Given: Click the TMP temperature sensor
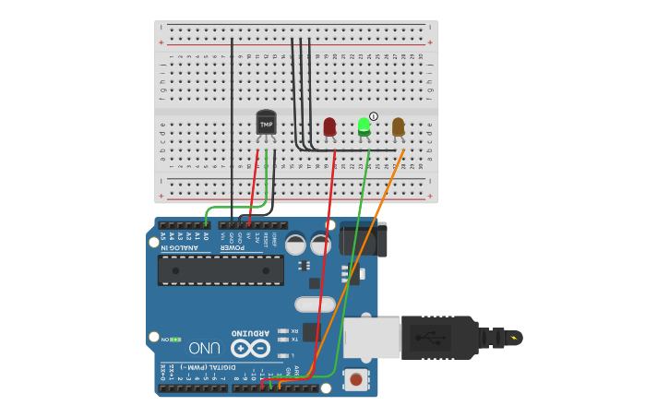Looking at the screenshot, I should (x=266, y=123).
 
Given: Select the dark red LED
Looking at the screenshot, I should (x=329, y=126).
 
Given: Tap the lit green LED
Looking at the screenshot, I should (x=364, y=127).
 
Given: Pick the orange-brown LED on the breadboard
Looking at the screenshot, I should (x=398, y=126).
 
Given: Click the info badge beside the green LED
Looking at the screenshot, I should (x=374, y=116).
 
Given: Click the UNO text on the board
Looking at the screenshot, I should (x=205, y=348).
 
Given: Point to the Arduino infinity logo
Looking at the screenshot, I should (x=250, y=348).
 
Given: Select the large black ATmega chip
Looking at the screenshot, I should (x=221, y=269).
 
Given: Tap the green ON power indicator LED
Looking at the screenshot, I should (x=174, y=340).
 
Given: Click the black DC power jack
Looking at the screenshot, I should (x=362, y=237).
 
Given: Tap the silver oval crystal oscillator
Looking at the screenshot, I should (x=315, y=305).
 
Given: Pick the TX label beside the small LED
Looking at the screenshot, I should (x=294, y=339).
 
